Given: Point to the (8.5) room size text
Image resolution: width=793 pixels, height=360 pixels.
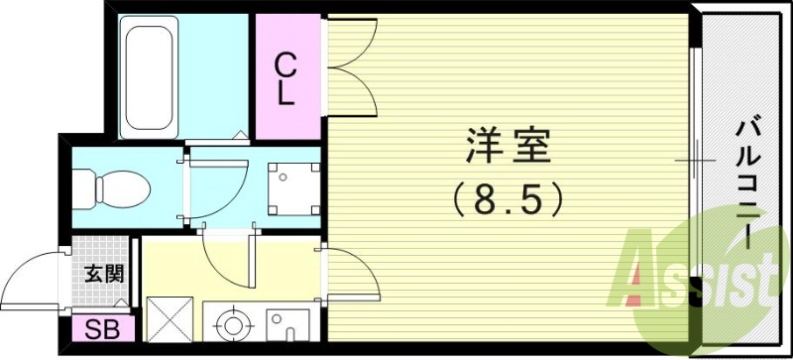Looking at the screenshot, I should point(507,198).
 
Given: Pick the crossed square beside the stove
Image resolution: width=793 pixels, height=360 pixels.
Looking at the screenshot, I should point(169,319).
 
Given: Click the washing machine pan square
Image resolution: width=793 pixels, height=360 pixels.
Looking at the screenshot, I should point(292,185).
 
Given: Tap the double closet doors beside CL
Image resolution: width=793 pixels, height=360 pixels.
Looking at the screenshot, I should point(350,60).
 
